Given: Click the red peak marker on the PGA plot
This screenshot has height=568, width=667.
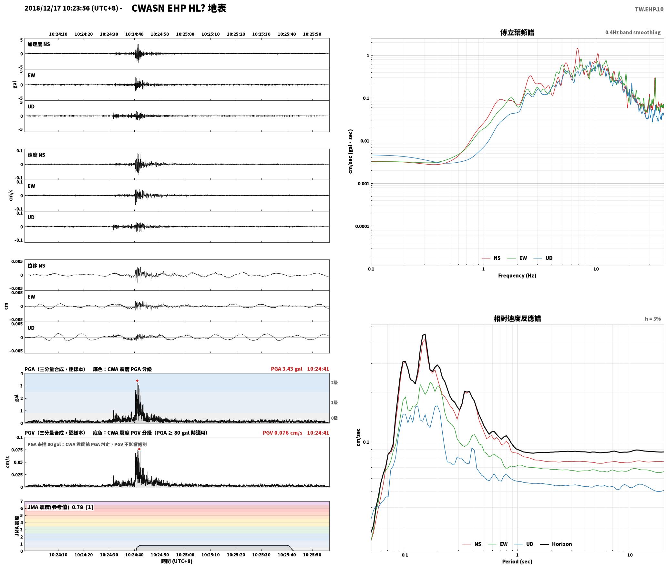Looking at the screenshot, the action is (x=137, y=381).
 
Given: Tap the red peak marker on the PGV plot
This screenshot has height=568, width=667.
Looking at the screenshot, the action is (x=139, y=449).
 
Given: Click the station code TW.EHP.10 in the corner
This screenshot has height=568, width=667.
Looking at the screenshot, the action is (x=649, y=9).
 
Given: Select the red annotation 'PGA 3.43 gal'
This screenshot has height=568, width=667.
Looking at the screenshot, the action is (x=287, y=369).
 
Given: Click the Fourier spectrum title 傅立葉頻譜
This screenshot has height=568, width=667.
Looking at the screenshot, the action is (x=517, y=33).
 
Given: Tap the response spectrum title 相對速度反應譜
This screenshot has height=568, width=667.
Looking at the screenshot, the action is (x=517, y=319).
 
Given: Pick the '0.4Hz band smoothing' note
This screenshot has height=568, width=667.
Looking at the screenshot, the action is (x=633, y=33).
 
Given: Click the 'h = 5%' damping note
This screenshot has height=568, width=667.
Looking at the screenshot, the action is (x=653, y=319).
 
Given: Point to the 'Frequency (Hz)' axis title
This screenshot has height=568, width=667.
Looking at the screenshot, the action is (x=517, y=276).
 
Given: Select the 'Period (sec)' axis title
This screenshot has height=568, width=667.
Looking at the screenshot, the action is (x=517, y=562).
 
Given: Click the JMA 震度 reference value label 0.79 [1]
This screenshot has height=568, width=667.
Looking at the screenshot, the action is (x=60, y=507).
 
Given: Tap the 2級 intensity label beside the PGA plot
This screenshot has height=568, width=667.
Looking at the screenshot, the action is (x=334, y=383).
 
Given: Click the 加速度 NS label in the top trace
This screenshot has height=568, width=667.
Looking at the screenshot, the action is (x=39, y=44).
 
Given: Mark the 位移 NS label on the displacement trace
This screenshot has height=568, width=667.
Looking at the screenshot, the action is (x=36, y=266).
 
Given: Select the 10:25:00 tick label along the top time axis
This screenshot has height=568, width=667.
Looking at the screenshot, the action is (x=185, y=34).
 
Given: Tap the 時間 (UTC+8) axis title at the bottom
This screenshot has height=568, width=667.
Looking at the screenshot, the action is (x=177, y=561).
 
